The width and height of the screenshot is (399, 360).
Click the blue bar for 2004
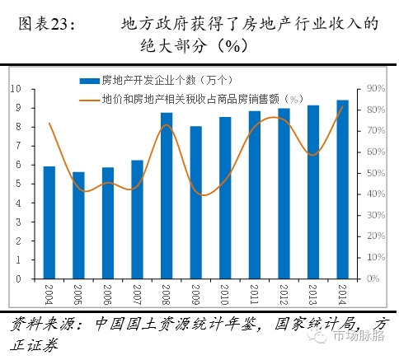49,222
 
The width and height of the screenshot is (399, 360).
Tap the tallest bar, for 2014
342,189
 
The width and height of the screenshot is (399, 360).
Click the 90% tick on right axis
377,88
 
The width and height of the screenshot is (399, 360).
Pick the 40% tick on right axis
377,194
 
